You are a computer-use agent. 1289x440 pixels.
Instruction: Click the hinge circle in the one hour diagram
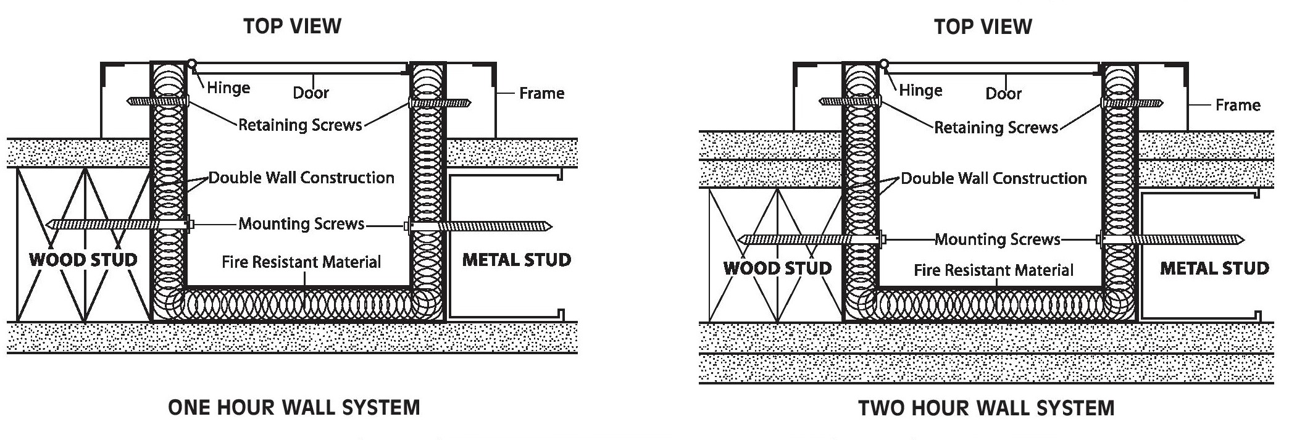(192, 63)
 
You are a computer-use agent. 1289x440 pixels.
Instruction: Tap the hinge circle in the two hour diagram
(884, 64)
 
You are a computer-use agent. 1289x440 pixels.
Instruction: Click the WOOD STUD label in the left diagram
(83, 260)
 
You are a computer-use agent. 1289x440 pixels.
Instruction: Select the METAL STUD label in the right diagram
(1214, 268)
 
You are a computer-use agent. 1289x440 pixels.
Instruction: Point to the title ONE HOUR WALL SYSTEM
(294, 408)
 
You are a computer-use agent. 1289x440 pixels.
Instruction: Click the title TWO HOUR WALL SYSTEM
(986, 409)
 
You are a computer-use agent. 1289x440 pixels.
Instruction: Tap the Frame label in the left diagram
(541, 93)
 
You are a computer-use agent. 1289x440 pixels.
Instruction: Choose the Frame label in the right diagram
(1237, 105)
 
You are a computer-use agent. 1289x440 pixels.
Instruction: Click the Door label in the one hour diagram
(311, 93)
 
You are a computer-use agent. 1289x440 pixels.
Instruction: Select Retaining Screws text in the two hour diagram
(996, 128)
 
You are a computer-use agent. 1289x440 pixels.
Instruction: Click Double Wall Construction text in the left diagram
(301, 178)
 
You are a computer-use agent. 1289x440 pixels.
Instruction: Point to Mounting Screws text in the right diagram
(997, 239)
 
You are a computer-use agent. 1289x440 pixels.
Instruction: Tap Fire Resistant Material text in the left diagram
(301, 262)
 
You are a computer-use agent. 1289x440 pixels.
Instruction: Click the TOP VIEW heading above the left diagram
(292, 26)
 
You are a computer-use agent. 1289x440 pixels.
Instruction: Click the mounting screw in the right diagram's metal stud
(1173, 239)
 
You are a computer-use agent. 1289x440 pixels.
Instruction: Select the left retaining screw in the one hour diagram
(157, 101)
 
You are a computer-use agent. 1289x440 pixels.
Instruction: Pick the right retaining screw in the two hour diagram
(1132, 103)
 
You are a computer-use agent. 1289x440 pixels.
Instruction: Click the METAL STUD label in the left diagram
(516, 260)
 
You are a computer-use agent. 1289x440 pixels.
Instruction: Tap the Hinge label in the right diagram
(920, 91)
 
